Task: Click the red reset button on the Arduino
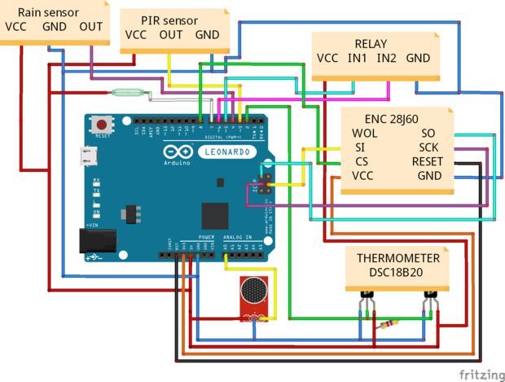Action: pos(103,125)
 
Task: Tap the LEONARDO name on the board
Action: pos(229,152)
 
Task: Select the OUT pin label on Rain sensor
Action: pos(91,26)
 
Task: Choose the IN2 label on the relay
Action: pos(388,58)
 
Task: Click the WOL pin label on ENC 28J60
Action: pos(366,134)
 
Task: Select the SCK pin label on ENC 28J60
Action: pos(428,147)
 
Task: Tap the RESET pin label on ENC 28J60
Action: pos(427,161)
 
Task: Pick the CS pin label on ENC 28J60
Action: pos(362,161)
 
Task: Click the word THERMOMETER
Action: pos(397,258)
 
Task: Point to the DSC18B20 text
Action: pos(397,274)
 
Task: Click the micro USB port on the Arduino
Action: pos(87,156)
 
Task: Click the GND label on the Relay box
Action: pos(418,58)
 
